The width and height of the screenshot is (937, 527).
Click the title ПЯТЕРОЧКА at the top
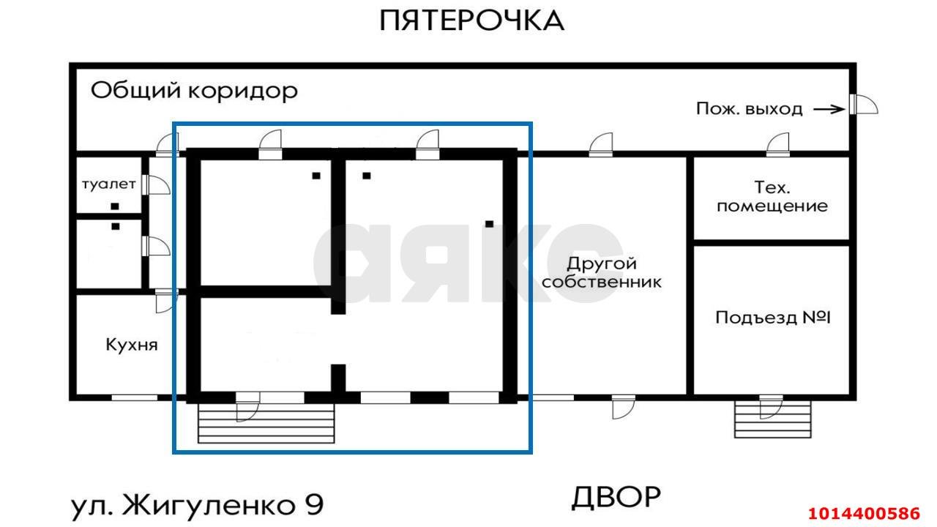click(x=471, y=20)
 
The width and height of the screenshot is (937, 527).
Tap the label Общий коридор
click(x=194, y=91)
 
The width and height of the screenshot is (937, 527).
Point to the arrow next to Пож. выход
click(x=829, y=110)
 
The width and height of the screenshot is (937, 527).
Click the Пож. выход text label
click(x=748, y=110)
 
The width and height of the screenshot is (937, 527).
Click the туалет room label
click(x=108, y=184)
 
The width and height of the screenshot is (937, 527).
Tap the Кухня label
click(x=132, y=344)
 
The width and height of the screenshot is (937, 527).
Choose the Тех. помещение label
click(x=772, y=196)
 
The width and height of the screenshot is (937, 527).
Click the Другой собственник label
click(x=602, y=272)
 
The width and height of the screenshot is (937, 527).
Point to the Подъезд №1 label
click(x=773, y=318)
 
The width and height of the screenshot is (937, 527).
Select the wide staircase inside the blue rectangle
click(x=266, y=425)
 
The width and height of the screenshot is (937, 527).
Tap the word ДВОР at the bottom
click(x=616, y=498)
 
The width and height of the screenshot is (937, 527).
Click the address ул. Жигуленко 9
click(x=197, y=504)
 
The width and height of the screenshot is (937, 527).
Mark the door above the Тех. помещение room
click(x=778, y=145)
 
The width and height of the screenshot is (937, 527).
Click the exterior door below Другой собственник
click(x=623, y=406)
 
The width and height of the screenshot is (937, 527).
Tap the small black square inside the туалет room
click(x=115, y=206)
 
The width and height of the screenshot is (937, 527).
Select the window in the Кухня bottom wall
click(x=134, y=397)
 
